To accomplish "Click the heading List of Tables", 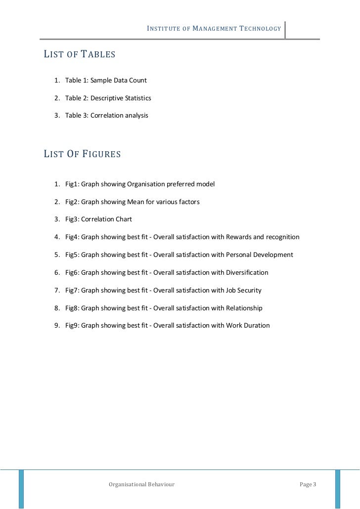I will pyautogui.click(x=80, y=54).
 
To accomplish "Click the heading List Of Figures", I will pyautogui.click(x=82, y=154).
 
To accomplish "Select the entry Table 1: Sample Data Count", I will pyautogui.click(x=106, y=80).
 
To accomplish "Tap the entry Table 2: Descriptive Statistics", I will pyautogui.click(x=108, y=98).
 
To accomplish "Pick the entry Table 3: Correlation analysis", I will pyautogui.click(x=106, y=116).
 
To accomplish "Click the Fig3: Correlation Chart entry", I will pyautogui.click(x=98, y=219).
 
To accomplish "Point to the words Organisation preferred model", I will pyautogui.click(x=171, y=184).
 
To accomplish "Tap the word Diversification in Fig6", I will pyautogui.click(x=247, y=273).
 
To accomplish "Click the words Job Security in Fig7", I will pyautogui.click(x=243, y=291).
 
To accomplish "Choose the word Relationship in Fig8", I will pyautogui.click(x=244, y=308).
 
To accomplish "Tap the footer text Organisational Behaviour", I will pyautogui.click(x=141, y=484).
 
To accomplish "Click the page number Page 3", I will pyautogui.click(x=308, y=484).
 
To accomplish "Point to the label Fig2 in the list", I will pyautogui.click(x=71, y=202).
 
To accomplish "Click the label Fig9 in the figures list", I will pyautogui.click(x=71, y=326).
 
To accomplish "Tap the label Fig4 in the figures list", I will pyautogui.click(x=71, y=237).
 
